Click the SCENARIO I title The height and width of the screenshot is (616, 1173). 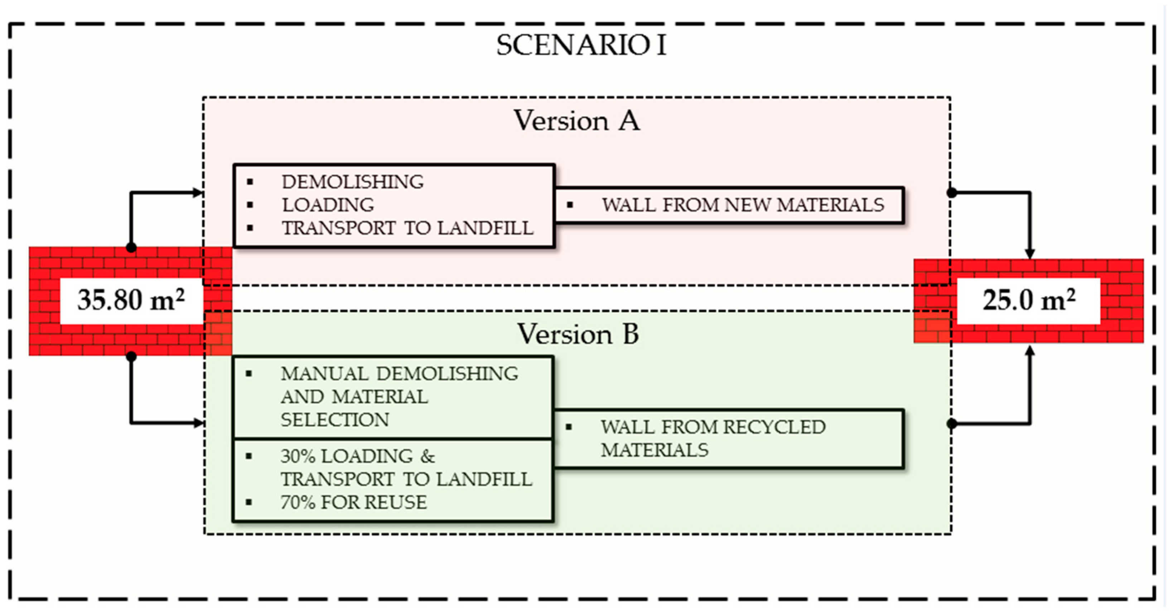pyautogui.click(x=581, y=46)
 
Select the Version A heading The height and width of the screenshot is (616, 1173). pyautogui.click(x=576, y=121)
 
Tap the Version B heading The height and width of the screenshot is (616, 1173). pyautogui.click(x=578, y=334)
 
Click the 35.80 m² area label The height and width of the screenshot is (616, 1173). pyautogui.click(x=131, y=300)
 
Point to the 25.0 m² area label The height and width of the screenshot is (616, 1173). pyautogui.click(x=1029, y=300)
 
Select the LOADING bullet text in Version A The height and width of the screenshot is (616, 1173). pyautogui.click(x=328, y=205)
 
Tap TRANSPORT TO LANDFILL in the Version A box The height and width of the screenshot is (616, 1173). pyautogui.click(x=407, y=228)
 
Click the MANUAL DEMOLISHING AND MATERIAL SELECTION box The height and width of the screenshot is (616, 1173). pyautogui.click(x=392, y=397)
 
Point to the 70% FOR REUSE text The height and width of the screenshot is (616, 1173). pyautogui.click(x=353, y=502)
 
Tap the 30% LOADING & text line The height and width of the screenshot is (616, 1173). pyautogui.click(x=357, y=456)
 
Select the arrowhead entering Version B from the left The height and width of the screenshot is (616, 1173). pyautogui.click(x=199, y=423)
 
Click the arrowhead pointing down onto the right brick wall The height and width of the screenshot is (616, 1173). pyautogui.click(x=1030, y=254)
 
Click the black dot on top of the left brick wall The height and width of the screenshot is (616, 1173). pyautogui.click(x=131, y=247)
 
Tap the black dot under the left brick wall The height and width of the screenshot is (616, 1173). pyautogui.click(x=131, y=356)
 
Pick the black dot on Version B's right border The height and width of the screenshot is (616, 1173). pyautogui.click(x=952, y=424)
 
